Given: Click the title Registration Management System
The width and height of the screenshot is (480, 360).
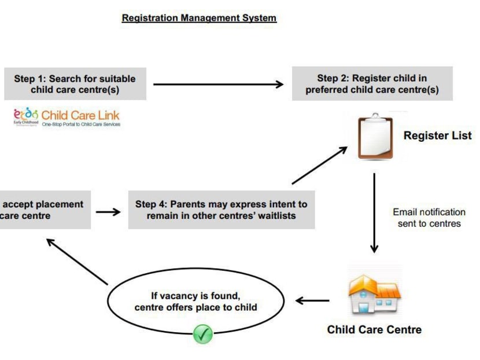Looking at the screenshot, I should (199, 18).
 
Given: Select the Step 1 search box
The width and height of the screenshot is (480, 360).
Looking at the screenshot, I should (75, 85).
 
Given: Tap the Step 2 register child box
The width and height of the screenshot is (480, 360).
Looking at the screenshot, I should (372, 84).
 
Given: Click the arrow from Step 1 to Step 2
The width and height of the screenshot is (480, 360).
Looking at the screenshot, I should (218, 85).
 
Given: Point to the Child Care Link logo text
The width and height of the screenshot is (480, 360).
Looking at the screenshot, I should (80, 114).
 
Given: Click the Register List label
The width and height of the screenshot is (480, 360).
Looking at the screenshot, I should (437, 136).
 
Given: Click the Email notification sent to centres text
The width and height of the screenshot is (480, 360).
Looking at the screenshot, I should (429, 218).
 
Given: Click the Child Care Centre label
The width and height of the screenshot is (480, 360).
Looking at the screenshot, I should (374, 330).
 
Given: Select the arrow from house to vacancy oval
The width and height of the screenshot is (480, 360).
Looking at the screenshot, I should (313, 300).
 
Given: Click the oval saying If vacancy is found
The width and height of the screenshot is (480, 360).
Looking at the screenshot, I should (195, 302).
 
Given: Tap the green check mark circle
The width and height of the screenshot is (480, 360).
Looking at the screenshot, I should (202, 333).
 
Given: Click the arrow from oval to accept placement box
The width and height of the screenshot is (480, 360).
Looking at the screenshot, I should (77, 261).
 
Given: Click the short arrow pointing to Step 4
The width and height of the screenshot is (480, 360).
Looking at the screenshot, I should (108, 212).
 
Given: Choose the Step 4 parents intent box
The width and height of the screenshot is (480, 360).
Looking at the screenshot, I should (221, 210).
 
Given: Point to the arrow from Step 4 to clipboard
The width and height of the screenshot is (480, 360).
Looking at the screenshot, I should (319, 166).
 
